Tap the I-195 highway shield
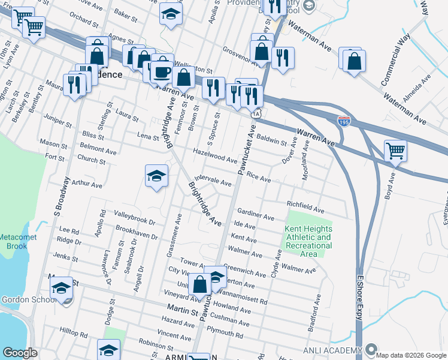(344, 121)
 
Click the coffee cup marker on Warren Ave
(161, 72)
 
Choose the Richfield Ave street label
(305, 207)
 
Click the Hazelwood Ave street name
(215, 156)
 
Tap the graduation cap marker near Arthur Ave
(156, 176)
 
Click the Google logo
(20, 353)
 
